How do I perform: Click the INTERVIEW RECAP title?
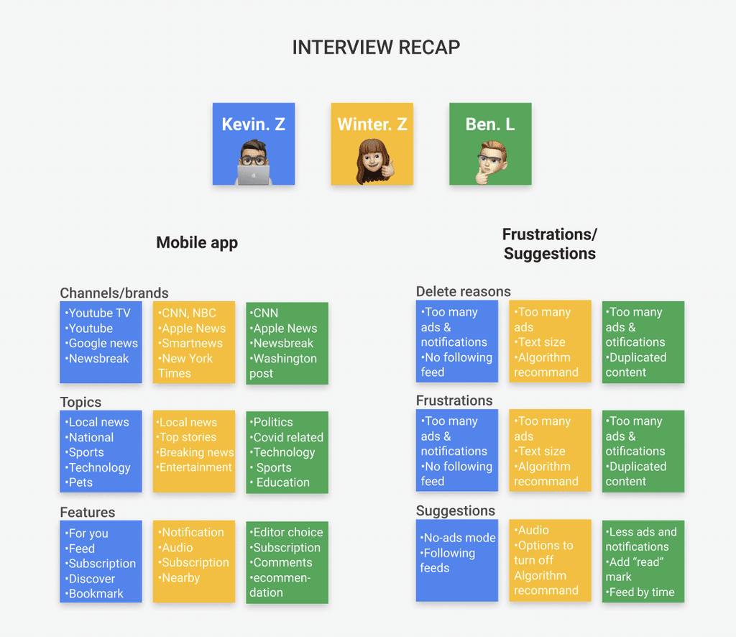tap(376, 47)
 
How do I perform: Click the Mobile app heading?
tap(197, 242)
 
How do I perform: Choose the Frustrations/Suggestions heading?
tap(550, 244)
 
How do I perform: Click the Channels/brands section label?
tap(114, 293)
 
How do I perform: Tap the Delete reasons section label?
tap(464, 291)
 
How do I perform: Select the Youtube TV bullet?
tap(99, 313)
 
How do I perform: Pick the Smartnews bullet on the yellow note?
tap(192, 343)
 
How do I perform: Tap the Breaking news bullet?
tap(195, 452)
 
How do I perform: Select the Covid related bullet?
tap(287, 437)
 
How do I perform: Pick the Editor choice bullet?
tap(287, 532)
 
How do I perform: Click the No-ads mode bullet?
tap(459, 538)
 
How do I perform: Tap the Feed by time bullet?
tap(641, 592)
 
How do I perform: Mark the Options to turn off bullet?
tap(544, 553)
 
